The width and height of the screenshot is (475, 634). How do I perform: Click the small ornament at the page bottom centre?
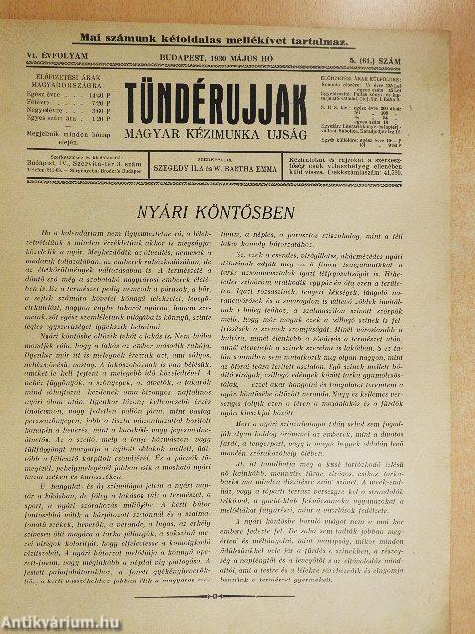click(237, 598)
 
